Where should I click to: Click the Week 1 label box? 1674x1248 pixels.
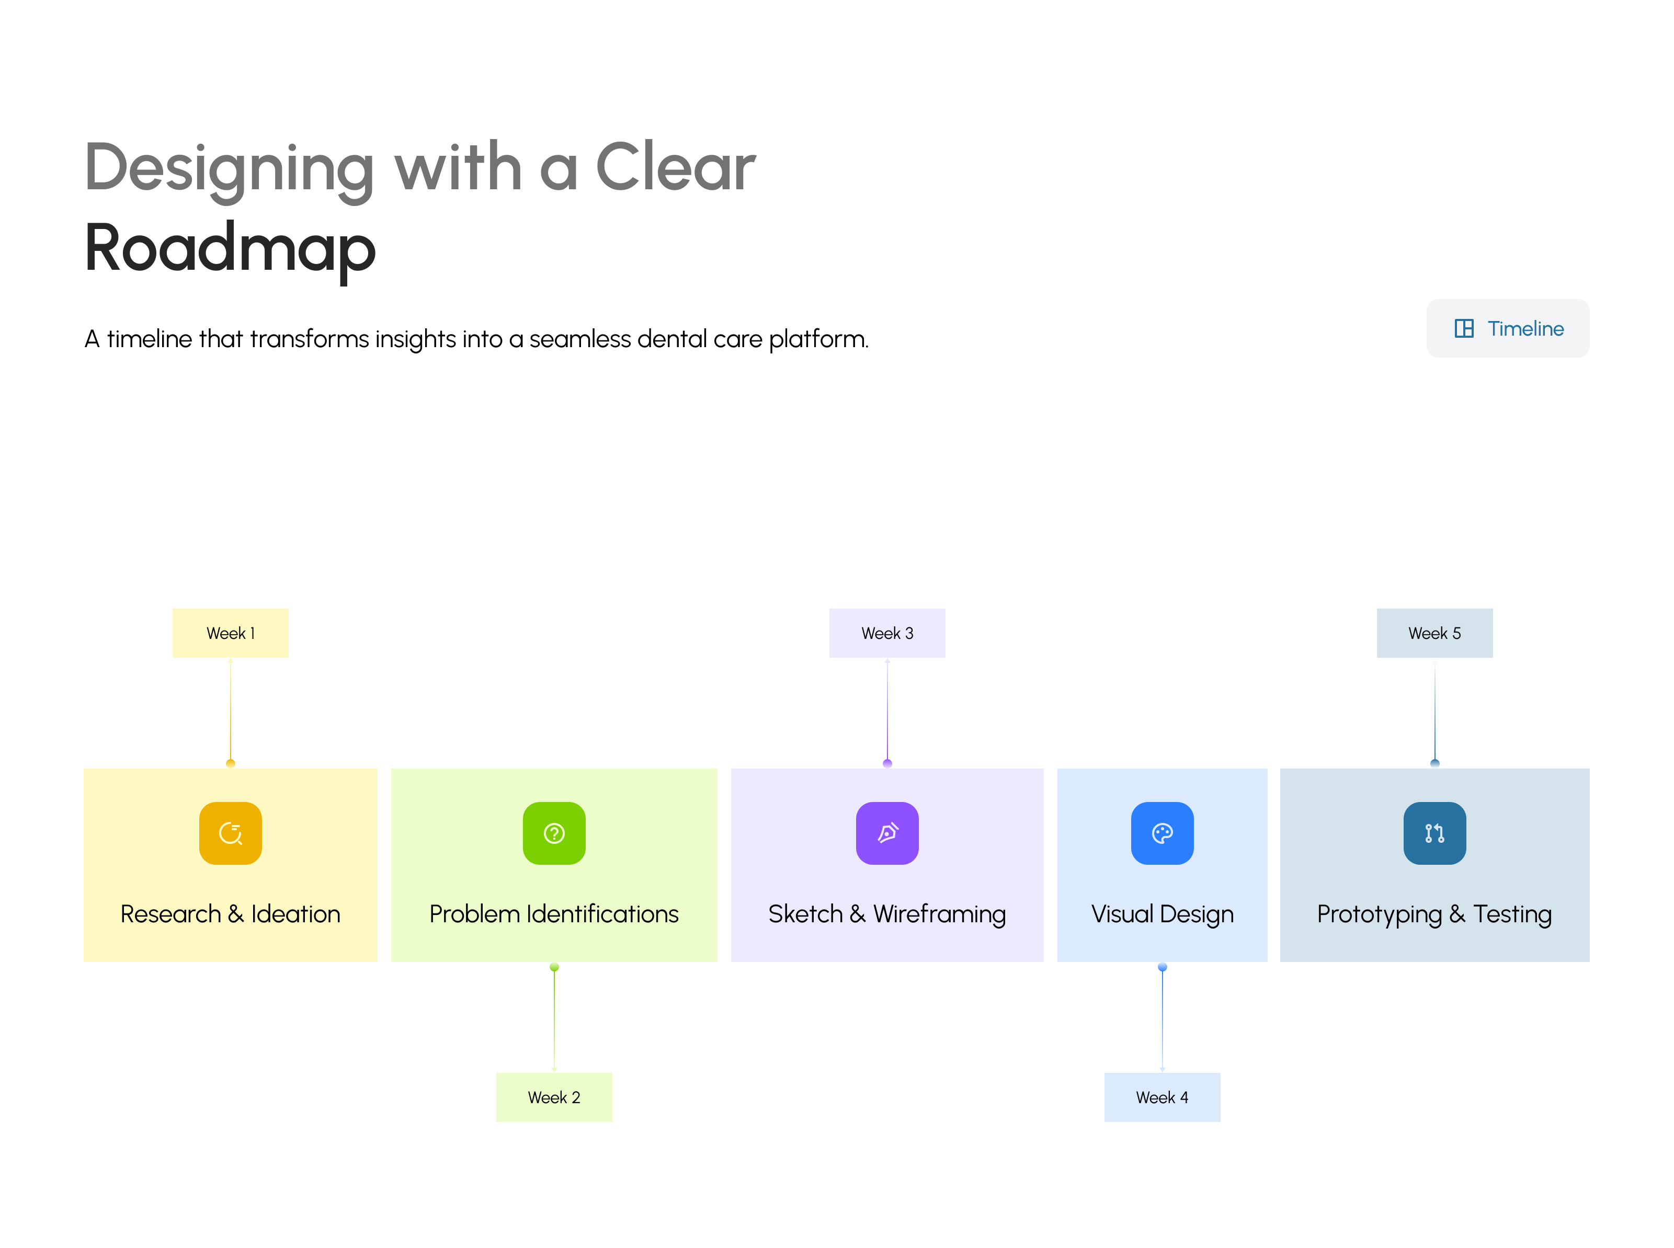point(231,633)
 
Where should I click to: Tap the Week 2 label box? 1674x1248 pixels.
point(554,1097)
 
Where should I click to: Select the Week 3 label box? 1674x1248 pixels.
point(887,633)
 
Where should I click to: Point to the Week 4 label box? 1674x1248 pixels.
point(1162,1097)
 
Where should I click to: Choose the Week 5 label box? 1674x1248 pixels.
point(1434,633)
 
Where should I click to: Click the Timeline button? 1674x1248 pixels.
point(1507,329)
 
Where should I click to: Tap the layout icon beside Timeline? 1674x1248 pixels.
point(1463,329)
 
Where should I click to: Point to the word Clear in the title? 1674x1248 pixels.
point(675,168)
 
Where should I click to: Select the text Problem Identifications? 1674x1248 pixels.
point(554,914)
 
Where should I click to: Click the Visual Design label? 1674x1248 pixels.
point(1162,914)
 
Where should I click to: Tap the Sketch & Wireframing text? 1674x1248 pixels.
point(887,914)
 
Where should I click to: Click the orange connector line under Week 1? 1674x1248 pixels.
point(231,710)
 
